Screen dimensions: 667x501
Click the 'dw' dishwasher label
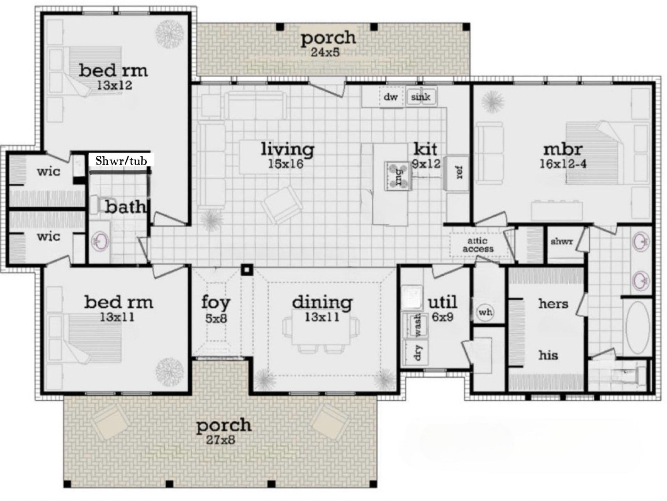pyautogui.click(x=390, y=97)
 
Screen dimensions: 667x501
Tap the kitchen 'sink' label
pyautogui.click(x=420, y=97)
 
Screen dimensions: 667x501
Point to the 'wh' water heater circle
pyautogui.click(x=485, y=312)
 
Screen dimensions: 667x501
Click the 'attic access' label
pyautogui.click(x=478, y=245)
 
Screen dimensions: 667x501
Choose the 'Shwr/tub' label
pyautogui.click(x=121, y=161)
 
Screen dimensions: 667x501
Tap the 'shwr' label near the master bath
pyautogui.click(x=562, y=242)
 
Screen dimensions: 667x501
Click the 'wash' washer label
pyautogui.click(x=418, y=325)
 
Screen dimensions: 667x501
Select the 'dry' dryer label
pyautogui.click(x=418, y=352)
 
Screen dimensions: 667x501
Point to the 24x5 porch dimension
pyautogui.click(x=324, y=52)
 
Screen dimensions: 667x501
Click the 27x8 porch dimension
pyautogui.click(x=220, y=440)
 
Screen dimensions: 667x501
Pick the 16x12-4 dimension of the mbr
pyautogui.click(x=563, y=164)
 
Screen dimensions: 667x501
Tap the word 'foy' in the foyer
pyautogui.click(x=216, y=303)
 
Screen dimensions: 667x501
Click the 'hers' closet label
pyautogui.click(x=553, y=304)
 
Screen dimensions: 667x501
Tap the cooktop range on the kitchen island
pyautogui.click(x=398, y=176)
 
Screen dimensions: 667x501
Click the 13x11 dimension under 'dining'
pyautogui.click(x=322, y=317)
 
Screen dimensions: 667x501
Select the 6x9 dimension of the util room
pyautogui.click(x=443, y=317)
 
